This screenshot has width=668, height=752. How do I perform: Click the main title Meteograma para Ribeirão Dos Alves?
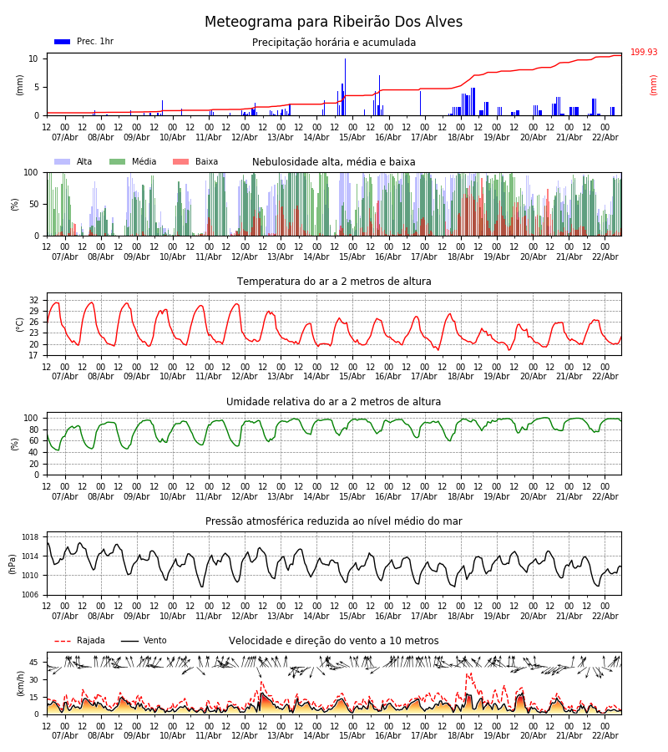tap(333, 23)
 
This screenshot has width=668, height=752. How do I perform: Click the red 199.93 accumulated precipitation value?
tap(644, 53)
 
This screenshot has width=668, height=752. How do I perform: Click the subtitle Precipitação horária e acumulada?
tap(334, 43)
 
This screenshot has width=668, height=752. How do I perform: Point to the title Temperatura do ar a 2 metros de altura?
tap(334, 282)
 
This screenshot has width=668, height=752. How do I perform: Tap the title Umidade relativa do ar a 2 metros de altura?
tap(334, 402)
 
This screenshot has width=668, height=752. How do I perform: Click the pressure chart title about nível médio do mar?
tap(334, 521)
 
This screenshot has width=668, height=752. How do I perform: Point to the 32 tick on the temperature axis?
tap(33, 300)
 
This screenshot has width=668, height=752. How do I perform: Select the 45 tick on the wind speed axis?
tap(33, 663)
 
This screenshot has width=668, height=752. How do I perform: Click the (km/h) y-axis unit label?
tap(20, 683)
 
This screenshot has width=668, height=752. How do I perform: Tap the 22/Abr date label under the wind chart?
tap(605, 735)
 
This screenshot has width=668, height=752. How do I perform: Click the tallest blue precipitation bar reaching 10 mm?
tap(345, 87)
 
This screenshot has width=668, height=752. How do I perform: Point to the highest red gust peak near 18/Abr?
tap(468, 673)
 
